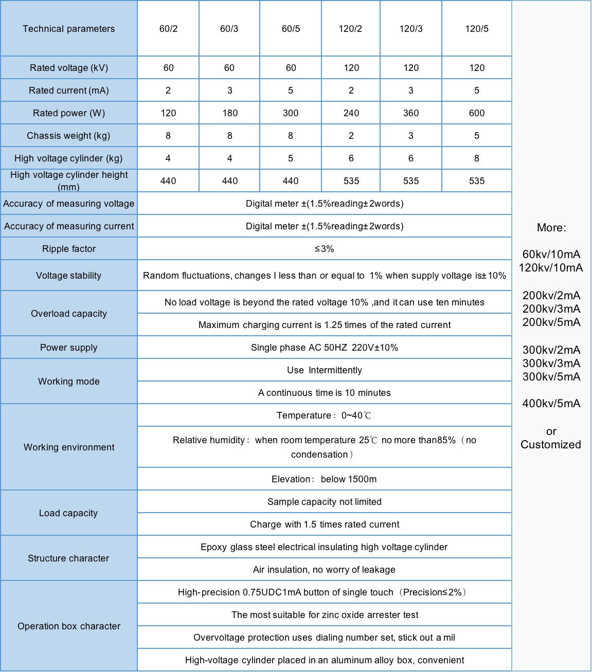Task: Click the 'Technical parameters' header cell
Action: (x=68, y=29)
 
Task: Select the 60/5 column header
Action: (x=291, y=29)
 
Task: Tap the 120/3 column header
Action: (x=411, y=29)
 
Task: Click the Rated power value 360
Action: (x=411, y=113)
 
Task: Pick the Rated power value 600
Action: (x=477, y=113)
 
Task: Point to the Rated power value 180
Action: (x=230, y=113)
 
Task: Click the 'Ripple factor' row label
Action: (x=69, y=249)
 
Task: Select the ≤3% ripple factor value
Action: (x=325, y=249)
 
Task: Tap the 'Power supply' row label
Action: (x=69, y=348)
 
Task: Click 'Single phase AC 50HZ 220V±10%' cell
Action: (x=325, y=348)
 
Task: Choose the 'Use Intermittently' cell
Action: (x=325, y=370)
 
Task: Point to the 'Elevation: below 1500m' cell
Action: (x=325, y=479)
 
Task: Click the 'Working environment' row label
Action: (x=69, y=447)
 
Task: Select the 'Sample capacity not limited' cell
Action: (x=325, y=502)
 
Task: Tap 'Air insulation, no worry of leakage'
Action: (x=325, y=570)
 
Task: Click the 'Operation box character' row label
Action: (x=69, y=626)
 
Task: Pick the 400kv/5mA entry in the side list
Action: (x=551, y=404)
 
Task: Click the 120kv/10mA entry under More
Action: (x=551, y=268)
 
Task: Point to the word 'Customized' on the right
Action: (x=551, y=445)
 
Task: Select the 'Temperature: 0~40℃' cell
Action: (x=325, y=415)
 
